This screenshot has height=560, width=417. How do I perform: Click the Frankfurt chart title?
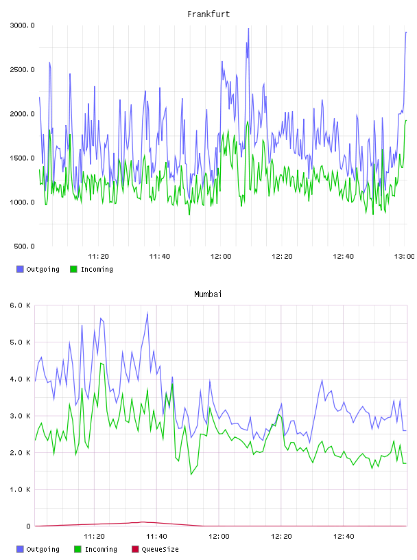tap(208, 14)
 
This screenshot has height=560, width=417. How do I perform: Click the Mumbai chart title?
tap(208, 294)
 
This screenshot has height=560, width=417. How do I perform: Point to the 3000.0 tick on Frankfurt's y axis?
tap(22, 25)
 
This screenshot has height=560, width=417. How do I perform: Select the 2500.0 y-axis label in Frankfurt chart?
tap(22, 69)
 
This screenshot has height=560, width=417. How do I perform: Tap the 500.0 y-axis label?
tap(24, 246)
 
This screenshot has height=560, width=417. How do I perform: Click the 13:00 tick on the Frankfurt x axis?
tap(404, 256)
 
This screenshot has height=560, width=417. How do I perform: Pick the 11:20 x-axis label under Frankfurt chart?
tap(98, 256)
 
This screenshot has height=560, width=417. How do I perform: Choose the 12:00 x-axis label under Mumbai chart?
tap(219, 536)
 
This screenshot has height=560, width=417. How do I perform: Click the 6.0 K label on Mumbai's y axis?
tap(21, 305)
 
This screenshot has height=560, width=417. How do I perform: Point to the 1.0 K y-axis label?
tap(21, 489)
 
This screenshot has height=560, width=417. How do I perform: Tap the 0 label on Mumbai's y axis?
tap(29, 526)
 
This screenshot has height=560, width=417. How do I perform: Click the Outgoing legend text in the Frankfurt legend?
tap(43, 269)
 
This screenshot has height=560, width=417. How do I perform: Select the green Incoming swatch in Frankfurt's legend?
tap(73, 269)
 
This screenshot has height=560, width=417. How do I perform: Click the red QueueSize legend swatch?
tap(135, 549)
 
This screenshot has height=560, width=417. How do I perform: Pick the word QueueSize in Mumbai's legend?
tap(160, 549)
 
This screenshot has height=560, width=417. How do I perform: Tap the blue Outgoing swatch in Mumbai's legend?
tap(20, 549)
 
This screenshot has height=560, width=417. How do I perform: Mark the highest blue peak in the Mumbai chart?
tap(147, 313)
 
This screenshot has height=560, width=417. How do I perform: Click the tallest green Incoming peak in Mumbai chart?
tap(101, 364)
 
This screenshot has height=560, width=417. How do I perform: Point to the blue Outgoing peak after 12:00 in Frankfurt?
tap(248, 30)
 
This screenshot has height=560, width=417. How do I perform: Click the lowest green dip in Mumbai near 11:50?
tap(191, 474)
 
